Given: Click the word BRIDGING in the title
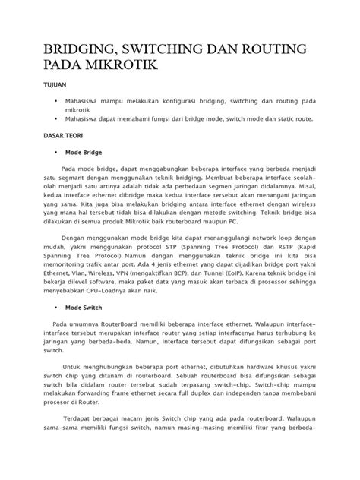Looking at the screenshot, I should tap(68, 50).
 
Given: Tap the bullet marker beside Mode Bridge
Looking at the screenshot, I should tap(58, 152).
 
